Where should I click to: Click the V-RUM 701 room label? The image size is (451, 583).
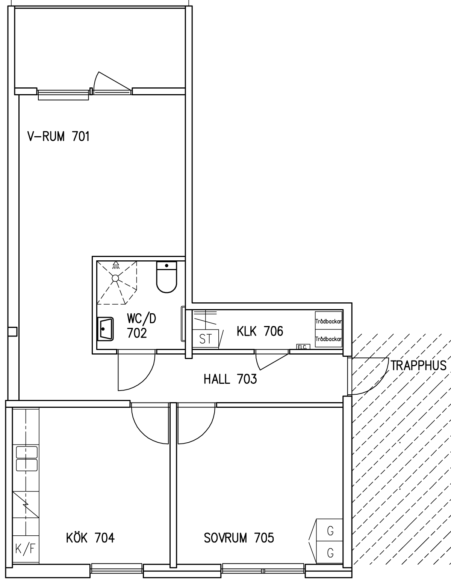(x=58, y=136)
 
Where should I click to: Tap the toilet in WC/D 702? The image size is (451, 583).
(x=166, y=277)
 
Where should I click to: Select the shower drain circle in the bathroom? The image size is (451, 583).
(x=115, y=278)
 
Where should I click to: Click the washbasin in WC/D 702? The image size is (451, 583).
(x=105, y=329)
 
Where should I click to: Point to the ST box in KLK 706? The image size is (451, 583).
(x=206, y=339)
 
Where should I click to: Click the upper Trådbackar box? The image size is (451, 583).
(x=328, y=321)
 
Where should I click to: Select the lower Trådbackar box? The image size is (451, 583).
(x=328, y=338)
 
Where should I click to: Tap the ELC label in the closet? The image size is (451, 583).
(x=303, y=347)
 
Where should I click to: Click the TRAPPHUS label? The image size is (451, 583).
(x=418, y=365)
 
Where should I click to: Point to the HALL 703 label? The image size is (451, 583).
(x=230, y=379)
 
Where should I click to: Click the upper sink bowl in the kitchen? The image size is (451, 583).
(x=27, y=452)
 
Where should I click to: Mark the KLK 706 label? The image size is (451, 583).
(x=260, y=331)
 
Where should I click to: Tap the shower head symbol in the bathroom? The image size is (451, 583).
(x=116, y=265)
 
